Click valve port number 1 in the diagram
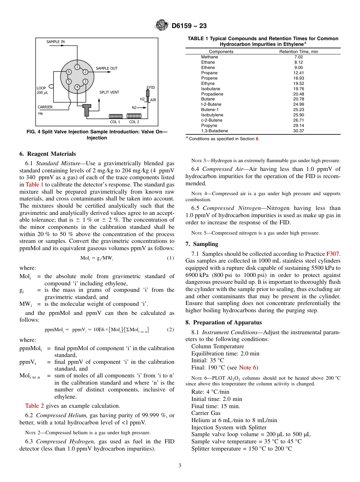[77, 67]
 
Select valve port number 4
[77, 87]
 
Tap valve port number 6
[69, 72]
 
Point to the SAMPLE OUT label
[106, 68]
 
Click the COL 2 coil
[134, 116]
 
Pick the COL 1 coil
[115, 116]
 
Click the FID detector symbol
[148, 93]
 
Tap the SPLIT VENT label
[110, 92]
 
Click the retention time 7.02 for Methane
[298, 57]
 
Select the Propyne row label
[209, 125]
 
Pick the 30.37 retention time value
[298, 131]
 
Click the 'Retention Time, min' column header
[298, 52]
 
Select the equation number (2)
[171, 330]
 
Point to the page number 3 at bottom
[180, 465]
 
